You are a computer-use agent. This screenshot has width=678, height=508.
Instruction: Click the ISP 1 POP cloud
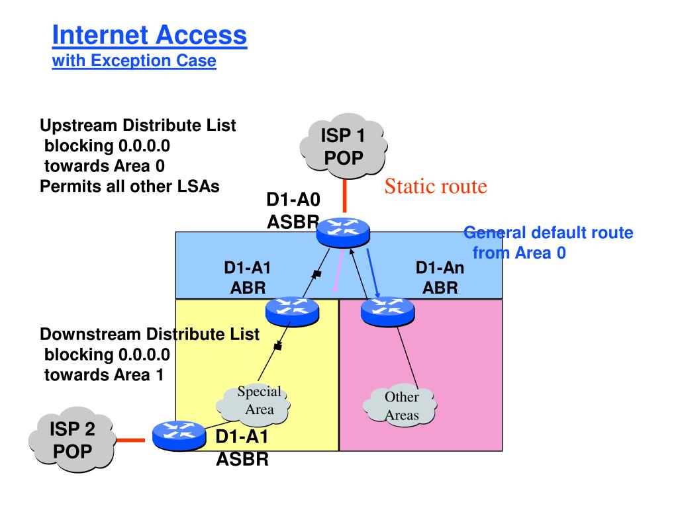(x=343, y=148)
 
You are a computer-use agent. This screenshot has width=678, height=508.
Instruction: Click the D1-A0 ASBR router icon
(x=343, y=232)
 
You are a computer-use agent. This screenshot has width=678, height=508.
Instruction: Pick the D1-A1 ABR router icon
(x=292, y=310)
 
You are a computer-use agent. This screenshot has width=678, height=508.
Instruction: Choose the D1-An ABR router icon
(x=387, y=310)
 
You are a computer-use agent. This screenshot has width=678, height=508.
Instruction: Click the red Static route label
(x=436, y=187)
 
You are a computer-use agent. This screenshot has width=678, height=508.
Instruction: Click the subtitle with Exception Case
(x=134, y=61)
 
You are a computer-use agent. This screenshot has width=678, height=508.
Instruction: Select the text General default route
(x=548, y=233)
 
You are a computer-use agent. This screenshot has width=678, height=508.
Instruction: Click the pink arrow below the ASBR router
(x=340, y=271)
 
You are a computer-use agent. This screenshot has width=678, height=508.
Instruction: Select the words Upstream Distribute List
(x=138, y=126)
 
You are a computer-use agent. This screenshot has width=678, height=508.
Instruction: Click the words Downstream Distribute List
(x=150, y=333)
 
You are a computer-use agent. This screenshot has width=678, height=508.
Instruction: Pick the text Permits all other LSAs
(x=130, y=186)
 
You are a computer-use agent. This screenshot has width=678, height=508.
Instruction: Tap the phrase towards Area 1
(x=104, y=375)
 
